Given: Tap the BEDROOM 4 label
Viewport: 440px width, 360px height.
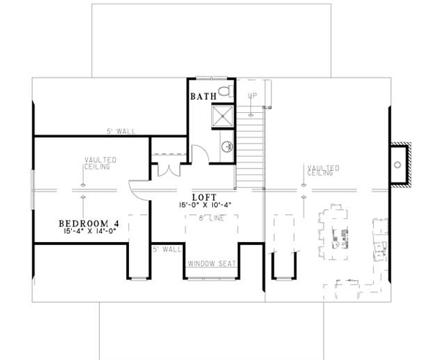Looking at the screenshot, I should [x=89, y=223].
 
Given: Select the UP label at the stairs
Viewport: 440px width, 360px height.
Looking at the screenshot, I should [x=253, y=96].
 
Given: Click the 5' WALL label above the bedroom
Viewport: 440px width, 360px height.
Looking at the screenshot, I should [x=114, y=131].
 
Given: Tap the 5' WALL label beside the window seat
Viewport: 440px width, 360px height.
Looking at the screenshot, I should [x=167, y=249].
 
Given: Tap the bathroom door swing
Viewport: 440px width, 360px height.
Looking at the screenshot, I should [x=199, y=155].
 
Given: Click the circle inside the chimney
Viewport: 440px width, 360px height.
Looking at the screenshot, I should [x=400, y=165].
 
